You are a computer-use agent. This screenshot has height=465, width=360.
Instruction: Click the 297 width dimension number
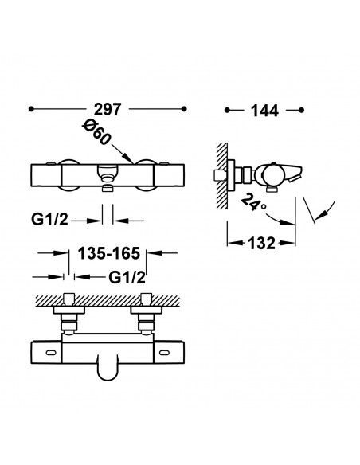pos(108,109)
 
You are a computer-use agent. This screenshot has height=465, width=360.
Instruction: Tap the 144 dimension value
pos(264,111)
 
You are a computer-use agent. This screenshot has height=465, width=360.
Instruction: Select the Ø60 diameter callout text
pos(96,134)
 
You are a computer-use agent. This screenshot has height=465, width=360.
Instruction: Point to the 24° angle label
pos(252,202)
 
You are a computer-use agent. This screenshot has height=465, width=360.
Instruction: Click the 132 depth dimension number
pos(261,244)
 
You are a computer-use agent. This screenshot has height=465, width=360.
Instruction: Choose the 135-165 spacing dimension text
pos(108,253)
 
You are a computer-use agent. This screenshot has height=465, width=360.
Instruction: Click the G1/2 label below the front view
pos(49,220)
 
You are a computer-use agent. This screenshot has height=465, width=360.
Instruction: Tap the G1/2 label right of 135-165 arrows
pos(127,278)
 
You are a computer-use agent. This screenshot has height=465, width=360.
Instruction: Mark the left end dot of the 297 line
pos(31,109)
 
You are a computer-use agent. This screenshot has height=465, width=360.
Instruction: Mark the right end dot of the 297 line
pos(184,109)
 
